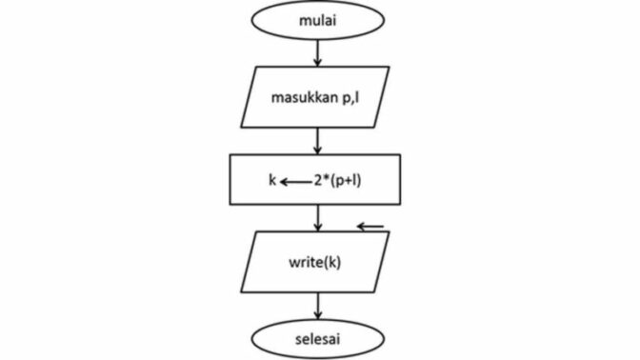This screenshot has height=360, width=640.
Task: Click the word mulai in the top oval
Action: [318, 20]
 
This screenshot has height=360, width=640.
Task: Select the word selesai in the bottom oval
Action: [317, 339]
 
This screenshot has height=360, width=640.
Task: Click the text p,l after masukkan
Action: [351, 98]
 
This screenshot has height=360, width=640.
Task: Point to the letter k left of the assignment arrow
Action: [272, 180]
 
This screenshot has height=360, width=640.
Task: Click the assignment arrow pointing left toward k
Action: [295, 182]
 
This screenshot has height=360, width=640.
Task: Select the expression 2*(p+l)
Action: [337, 180]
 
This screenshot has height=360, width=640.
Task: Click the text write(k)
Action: [314, 262]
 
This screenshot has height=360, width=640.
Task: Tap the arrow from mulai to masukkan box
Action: [317, 53]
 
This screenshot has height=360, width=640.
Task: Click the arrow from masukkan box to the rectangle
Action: [317, 141]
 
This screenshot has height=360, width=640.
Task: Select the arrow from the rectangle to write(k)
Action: [317, 218]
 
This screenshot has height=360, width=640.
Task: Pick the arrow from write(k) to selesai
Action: [317, 306]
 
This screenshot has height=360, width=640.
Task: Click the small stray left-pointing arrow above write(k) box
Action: [370, 226]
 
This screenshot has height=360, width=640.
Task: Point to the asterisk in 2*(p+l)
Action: [327, 178]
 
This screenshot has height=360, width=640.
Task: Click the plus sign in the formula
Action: [349, 181]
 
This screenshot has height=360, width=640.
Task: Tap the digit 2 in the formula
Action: [318, 180]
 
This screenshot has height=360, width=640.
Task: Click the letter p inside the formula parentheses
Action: [339, 182]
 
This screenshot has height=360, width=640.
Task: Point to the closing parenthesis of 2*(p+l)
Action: [359, 181]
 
